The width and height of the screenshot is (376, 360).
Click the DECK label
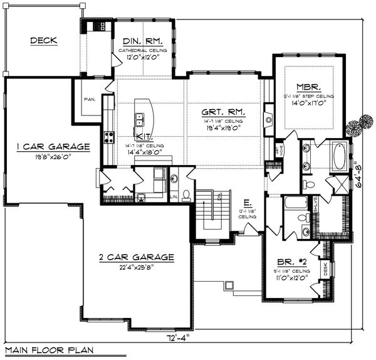(x=43, y=41)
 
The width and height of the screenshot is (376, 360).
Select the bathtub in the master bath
(x=338, y=157)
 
